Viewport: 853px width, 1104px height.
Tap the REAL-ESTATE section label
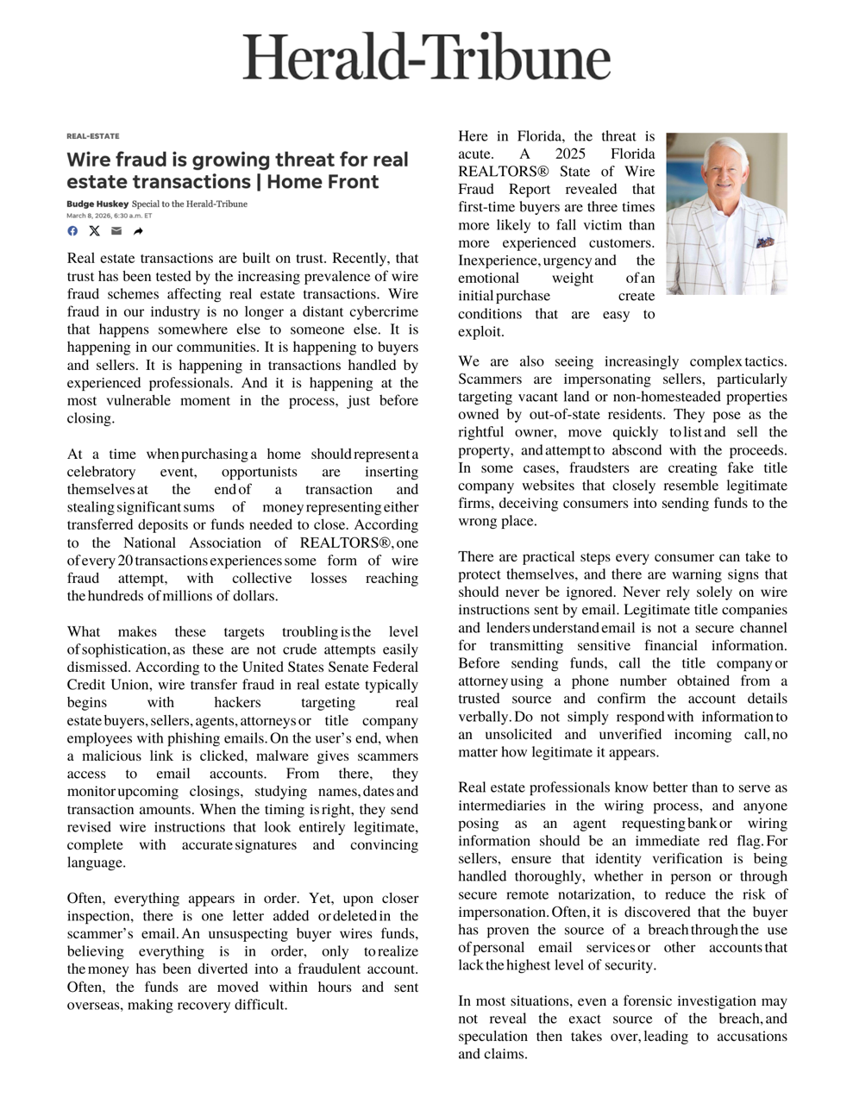pyautogui.click(x=92, y=136)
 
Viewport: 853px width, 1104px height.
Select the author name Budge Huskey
pyautogui.click(x=97, y=204)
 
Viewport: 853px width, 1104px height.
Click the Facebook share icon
pyautogui.click(x=72, y=231)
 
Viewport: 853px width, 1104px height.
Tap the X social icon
pyautogui.click(x=94, y=231)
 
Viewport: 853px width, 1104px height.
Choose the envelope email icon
pyautogui.click(x=116, y=231)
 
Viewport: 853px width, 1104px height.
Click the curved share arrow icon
pyautogui.click(x=138, y=231)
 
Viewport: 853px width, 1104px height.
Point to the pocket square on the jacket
pyautogui.click(x=764, y=243)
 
